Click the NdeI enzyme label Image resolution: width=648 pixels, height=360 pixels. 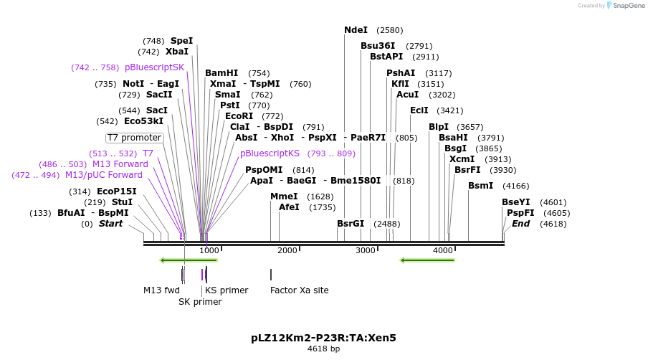(x=356, y=30)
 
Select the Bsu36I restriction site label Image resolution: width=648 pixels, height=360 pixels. (x=378, y=46)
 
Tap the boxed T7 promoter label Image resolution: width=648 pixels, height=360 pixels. (x=135, y=138)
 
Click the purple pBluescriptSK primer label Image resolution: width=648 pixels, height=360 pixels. (x=154, y=67)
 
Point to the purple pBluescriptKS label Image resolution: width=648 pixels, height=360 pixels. (x=270, y=153)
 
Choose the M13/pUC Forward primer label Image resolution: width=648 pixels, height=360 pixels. (x=104, y=175)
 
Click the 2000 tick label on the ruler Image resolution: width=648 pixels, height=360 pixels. (x=287, y=250)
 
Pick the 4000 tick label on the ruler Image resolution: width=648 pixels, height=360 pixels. (x=443, y=250)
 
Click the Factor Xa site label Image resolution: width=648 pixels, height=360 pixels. (x=299, y=290)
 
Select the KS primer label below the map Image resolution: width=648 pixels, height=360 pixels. (x=227, y=290)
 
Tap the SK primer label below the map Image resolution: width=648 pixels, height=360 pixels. (x=200, y=302)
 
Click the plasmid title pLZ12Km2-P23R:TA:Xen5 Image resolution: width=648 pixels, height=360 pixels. (x=323, y=337)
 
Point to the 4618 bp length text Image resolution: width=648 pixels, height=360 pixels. (x=323, y=349)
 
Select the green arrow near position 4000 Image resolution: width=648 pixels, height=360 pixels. (x=427, y=260)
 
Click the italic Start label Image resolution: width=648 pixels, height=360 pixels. (x=110, y=224)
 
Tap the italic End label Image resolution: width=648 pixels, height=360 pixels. (x=520, y=224)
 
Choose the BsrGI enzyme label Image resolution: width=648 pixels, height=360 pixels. (x=351, y=224)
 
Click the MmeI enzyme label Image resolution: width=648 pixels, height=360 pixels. (x=284, y=196)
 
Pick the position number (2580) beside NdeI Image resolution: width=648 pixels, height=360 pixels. (x=389, y=30)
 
